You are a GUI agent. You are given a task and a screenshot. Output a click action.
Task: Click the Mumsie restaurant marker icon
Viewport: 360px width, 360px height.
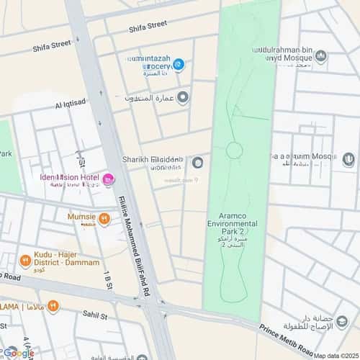click(x=104, y=218)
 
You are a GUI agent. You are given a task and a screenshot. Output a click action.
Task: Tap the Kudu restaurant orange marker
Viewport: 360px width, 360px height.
click(x=26, y=261)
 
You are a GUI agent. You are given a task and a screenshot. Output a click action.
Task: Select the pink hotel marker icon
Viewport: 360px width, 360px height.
click(x=108, y=179)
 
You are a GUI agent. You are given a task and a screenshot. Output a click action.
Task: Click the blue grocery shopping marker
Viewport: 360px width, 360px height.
click(x=179, y=65)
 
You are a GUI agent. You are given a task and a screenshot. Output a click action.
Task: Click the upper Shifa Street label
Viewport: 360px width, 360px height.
click(x=148, y=27)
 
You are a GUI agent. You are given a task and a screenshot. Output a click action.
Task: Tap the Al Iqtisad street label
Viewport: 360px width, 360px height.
click(x=70, y=105)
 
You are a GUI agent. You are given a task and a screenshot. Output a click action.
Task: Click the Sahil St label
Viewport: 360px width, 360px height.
click(x=94, y=315)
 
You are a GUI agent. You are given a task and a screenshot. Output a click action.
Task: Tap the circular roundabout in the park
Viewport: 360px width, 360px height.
click(x=234, y=150)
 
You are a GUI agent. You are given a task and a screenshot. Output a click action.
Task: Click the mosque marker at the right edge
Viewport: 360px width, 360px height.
click(x=348, y=159)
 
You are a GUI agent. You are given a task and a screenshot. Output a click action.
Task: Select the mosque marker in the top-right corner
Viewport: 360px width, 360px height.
click(x=321, y=56)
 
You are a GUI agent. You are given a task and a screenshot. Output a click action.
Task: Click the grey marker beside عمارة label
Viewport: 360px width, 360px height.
click(x=183, y=96)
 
